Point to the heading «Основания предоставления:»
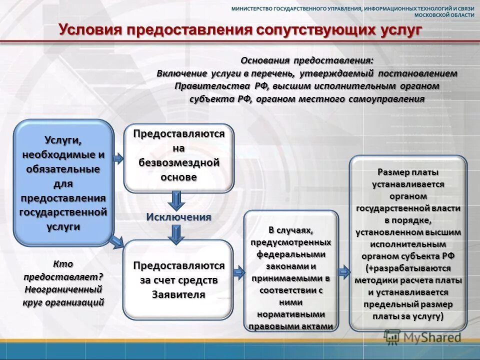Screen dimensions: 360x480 click(x=307, y=60)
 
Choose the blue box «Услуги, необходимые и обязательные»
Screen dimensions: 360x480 click(x=63, y=182)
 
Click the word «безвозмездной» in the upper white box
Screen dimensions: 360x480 click(x=179, y=162)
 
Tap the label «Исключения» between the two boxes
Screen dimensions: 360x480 click(x=178, y=217)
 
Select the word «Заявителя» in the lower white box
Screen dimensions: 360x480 click(x=178, y=294)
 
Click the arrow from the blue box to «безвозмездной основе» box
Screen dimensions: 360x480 click(x=118, y=159)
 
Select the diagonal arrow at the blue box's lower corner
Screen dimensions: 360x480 click(x=117, y=242)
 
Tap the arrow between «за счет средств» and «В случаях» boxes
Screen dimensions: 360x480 click(x=238, y=272)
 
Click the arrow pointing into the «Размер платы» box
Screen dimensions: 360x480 click(x=343, y=272)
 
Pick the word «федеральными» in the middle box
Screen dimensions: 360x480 click(x=291, y=254)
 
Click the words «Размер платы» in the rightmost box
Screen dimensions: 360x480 click(x=408, y=172)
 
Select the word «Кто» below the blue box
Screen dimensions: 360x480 click(x=63, y=264)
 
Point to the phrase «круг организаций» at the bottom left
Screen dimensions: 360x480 click(x=63, y=302)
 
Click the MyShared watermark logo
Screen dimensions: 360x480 click(x=423, y=337)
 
